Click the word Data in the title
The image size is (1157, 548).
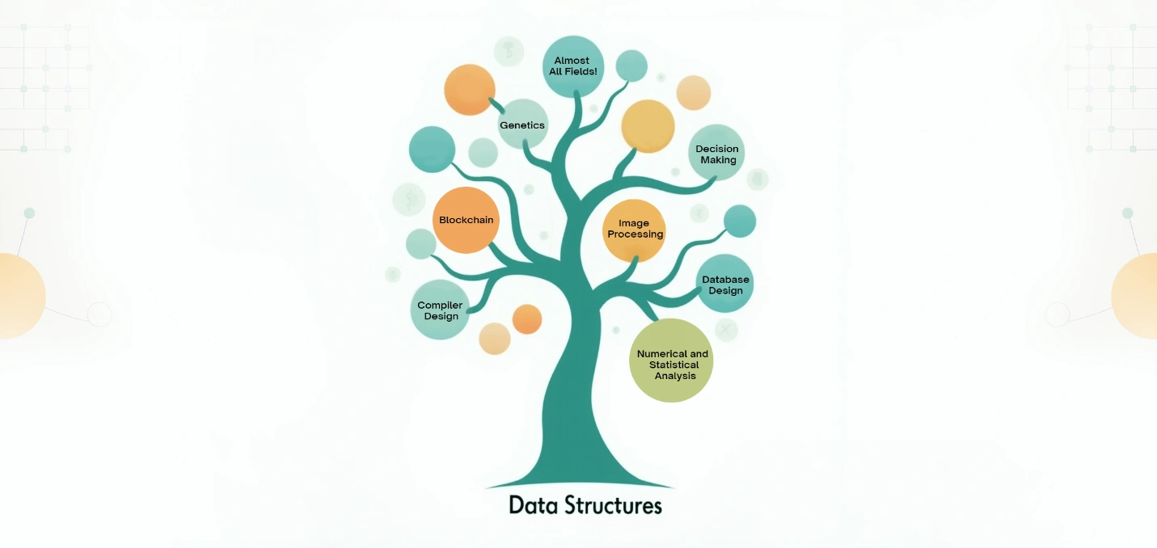pos(530,506)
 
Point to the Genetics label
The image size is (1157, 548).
pos(522,125)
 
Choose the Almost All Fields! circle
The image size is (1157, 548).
pos(572,66)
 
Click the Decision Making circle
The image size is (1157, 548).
pos(716,154)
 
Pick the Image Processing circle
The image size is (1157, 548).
pos(635,230)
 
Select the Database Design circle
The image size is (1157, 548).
pos(724,285)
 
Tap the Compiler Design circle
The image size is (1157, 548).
pos(440,310)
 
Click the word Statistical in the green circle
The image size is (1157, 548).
pos(674,365)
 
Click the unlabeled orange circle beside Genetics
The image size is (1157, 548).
pos(469,90)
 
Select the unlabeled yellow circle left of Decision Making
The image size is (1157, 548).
pos(648,126)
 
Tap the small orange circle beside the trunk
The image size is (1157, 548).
pos(527,319)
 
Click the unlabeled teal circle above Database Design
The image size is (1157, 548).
pos(739,221)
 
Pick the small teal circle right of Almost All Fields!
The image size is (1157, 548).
pos(631,65)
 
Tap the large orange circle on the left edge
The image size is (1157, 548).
pos(16,295)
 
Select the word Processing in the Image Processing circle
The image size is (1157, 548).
pos(635,234)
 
